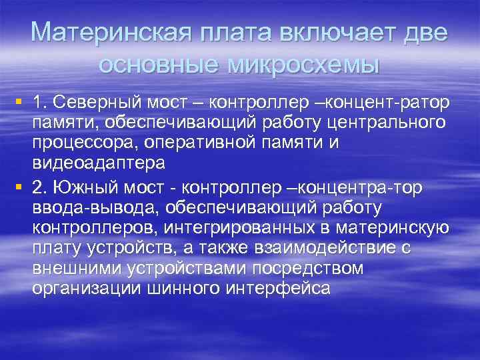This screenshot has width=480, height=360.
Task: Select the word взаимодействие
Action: coord(319,249)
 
